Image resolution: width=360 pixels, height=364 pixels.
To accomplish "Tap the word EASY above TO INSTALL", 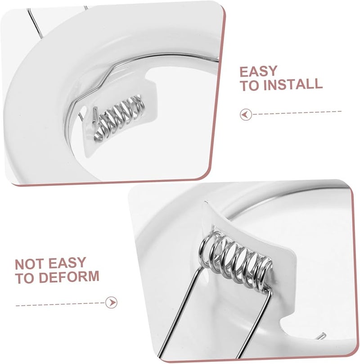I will click(x=258, y=71).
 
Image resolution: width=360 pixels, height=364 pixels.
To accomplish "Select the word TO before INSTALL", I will click(x=248, y=84).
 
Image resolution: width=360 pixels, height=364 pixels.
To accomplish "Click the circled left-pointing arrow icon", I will click(x=245, y=114).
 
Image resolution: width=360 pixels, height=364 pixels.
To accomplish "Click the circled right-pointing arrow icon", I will click(x=111, y=302).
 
